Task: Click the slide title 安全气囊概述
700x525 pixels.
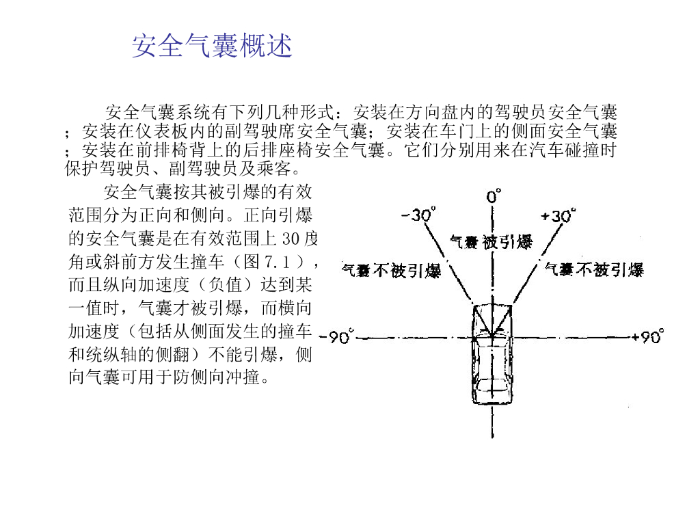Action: (212, 46)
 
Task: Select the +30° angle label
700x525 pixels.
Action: (558, 215)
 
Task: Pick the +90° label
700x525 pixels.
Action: (647, 337)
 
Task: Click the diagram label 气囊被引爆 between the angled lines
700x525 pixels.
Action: (491, 241)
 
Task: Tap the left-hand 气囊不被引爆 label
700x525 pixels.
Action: (391, 271)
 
